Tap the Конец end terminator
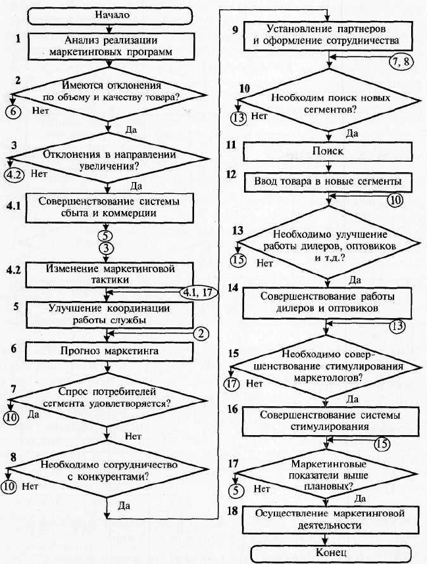330,553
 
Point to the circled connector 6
13,111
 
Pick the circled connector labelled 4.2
14,175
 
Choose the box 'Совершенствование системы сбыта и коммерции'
109,208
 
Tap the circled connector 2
201,334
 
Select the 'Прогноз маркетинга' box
109,351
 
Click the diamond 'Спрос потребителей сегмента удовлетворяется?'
107,400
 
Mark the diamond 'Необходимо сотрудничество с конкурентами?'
107,469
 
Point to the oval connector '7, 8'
401,62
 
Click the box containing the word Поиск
328,151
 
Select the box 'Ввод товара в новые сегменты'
328,181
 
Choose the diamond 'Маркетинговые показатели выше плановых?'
326,475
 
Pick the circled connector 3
107,248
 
